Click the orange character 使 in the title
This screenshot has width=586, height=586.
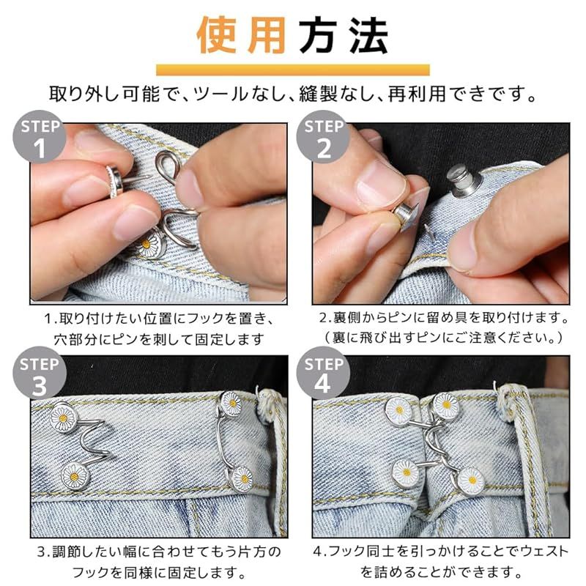click(216, 35)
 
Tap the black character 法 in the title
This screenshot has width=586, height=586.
click(369, 35)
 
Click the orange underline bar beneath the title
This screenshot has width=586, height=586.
click(292, 70)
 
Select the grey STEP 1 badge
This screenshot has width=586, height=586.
click(40, 136)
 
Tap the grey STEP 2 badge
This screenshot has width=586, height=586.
click(323, 136)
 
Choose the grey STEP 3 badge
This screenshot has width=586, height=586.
click(40, 373)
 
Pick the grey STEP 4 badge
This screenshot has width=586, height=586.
click(323, 373)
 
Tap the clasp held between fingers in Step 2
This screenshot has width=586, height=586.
click(407, 216)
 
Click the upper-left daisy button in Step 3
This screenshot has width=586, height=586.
click(63, 418)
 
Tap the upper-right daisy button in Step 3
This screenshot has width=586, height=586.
click(232, 404)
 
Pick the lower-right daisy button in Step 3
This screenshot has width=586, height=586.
click(242, 479)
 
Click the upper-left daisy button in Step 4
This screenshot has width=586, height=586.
click(398, 411)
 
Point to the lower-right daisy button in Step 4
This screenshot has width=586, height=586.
click(471, 481)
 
